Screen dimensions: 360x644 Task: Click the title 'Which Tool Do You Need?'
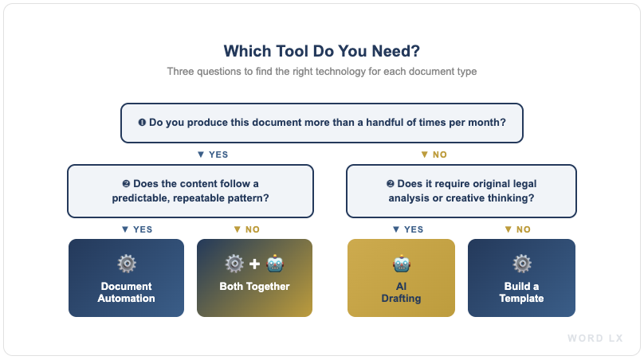click(321, 51)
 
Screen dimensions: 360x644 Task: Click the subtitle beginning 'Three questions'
click(321, 72)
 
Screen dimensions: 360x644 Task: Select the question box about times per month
click(321, 123)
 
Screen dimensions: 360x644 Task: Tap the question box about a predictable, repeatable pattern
click(190, 191)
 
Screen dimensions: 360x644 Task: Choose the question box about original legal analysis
click(461, 191)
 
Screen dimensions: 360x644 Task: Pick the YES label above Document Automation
click(136, 229)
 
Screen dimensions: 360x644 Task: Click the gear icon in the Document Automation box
click(126, 264)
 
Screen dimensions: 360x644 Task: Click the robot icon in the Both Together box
click(275, 264)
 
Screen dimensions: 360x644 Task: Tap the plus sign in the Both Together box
click(254, 264)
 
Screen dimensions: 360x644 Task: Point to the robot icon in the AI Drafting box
click(401, 264)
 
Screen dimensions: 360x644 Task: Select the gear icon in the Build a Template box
click(521, 264)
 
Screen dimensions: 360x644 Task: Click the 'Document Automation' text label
click(126, 292)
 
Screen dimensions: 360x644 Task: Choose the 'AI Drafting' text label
click(401, 292)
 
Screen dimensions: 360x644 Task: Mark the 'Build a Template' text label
click(521, 292)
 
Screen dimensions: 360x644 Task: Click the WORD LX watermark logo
click(595, 338)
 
